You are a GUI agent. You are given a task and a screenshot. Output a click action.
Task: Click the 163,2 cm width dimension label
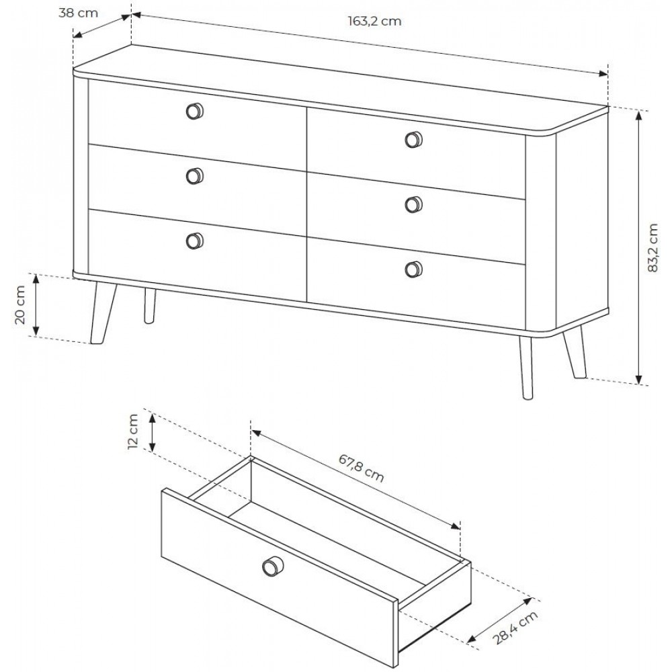coord(374,21)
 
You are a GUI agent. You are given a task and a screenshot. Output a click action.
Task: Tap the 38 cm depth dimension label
coord(79,13)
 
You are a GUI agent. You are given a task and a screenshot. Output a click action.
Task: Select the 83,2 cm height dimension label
coord(653,248)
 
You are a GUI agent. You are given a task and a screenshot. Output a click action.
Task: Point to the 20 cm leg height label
coord(20,304)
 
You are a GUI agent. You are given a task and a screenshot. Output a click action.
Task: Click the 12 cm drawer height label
coord(133,431)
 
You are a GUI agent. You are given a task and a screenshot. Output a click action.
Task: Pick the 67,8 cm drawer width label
coord(362,468)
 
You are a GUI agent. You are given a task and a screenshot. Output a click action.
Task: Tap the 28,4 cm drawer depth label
coord(515,628)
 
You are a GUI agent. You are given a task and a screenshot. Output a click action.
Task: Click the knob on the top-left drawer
coord(195,111)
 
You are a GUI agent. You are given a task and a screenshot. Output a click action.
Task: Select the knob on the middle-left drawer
coord(195,175)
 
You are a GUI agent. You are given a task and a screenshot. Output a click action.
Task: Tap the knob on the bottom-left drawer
coord(195,241)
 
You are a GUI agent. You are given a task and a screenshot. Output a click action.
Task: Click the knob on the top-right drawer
coord(413,139)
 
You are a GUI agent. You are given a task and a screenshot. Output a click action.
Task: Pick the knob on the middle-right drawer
coord(413,204)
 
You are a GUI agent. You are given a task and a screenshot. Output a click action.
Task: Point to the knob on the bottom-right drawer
coord(413,269)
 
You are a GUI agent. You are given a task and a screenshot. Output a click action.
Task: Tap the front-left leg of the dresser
coord(103,313)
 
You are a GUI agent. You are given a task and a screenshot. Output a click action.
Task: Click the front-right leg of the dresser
coord(527,368)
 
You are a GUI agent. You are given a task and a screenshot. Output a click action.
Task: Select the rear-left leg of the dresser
coord(149,306)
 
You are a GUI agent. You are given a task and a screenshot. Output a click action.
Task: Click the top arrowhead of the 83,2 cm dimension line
coord(638,116)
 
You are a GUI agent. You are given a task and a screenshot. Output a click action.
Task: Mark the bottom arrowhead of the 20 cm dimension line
coord(36,331)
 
